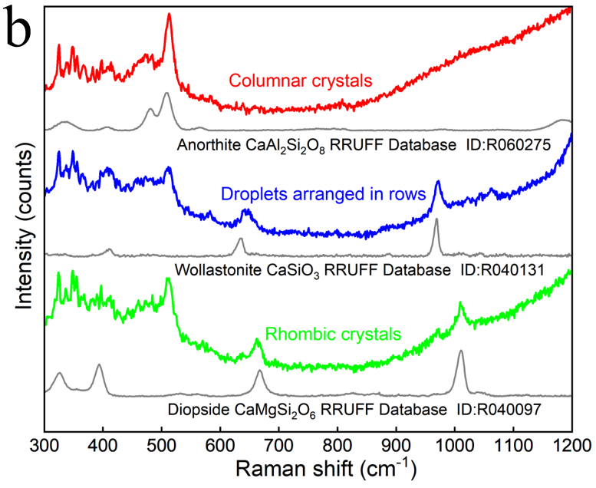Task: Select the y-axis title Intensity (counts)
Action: (x=25, y=223)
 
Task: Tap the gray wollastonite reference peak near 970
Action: (x=436, y=220)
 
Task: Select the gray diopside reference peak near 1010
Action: (x=461, y=351)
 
